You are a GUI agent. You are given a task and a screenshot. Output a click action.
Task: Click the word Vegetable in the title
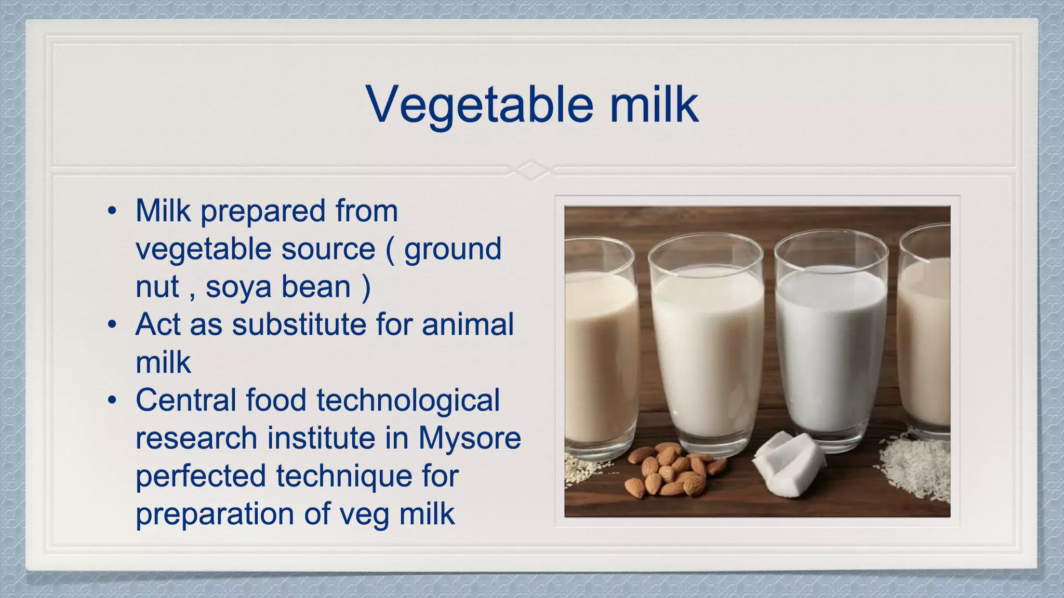[479, 105]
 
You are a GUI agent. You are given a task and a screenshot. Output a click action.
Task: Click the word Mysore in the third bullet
[469, 438]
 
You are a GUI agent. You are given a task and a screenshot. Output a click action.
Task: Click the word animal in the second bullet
[467, 325]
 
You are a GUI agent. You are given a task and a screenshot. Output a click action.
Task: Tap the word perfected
[200, 476]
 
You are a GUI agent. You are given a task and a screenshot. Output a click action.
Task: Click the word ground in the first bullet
[453, 249]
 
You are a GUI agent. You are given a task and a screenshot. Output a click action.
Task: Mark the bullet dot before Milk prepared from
[112, 212]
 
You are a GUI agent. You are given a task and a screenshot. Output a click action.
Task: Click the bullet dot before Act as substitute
[112, 325]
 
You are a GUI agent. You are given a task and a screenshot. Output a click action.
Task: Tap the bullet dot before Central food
[112, 401]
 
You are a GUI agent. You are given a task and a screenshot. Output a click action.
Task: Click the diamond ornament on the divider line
[531, 170]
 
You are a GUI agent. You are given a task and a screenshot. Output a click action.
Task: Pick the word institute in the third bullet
[322, 438]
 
